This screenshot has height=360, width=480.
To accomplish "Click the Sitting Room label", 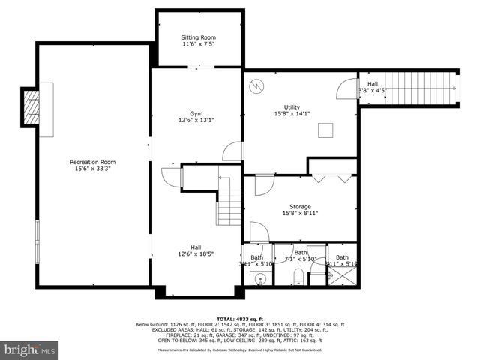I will [199, 37].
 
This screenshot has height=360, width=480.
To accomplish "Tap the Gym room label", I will [196, 112].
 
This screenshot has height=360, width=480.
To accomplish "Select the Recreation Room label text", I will [93, 162].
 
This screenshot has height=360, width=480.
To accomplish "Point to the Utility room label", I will [292, 106].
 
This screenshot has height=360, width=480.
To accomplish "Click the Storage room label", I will [300, 206].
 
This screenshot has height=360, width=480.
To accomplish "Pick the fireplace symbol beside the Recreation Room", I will [33, 109].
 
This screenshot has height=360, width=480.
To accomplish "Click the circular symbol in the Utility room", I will [256, 86].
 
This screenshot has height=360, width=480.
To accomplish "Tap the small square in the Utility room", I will [325, 131].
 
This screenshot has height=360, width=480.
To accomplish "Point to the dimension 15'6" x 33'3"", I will [93, 169].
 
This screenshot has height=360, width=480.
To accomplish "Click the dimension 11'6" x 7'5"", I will [199, 45].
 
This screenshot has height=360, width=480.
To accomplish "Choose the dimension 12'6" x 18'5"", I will [196, 254].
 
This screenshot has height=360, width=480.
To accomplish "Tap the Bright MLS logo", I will [30, 349].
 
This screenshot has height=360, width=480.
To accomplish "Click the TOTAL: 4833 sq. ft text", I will [239, 318].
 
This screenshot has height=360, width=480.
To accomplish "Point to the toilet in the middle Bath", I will [298, 275].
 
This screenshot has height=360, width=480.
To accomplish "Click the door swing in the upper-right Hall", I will [346, 88].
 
